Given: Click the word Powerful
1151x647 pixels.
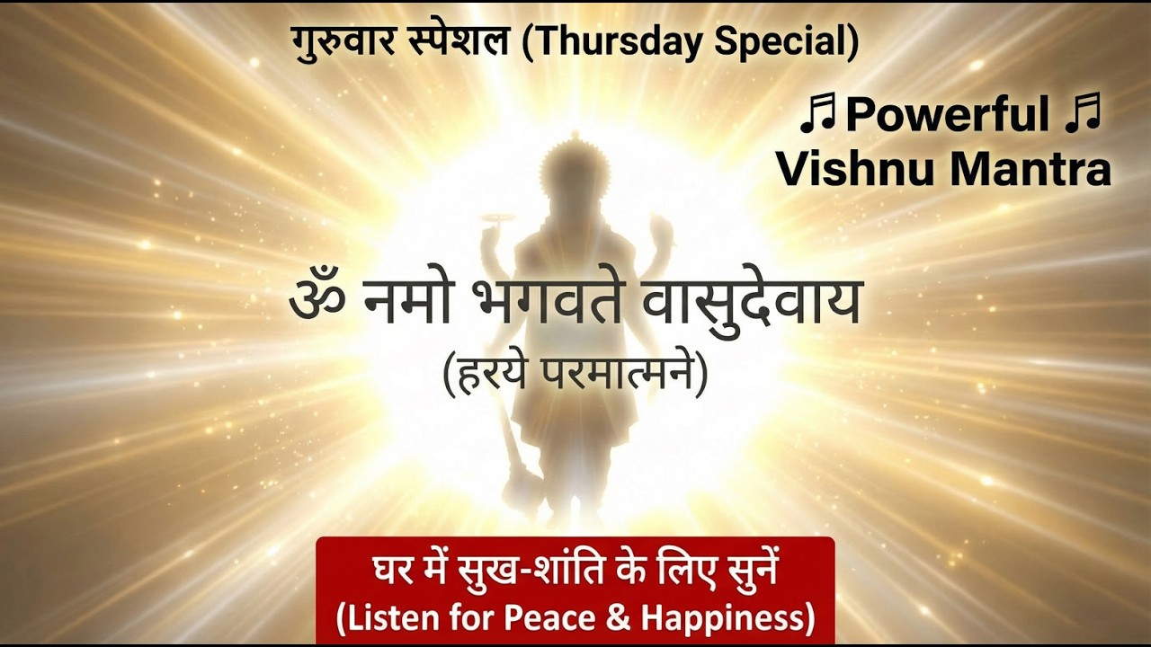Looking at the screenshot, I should [948, 116].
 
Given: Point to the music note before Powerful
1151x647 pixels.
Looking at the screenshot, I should [818, 116].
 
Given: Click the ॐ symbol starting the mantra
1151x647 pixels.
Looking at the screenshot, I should [317, 302].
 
